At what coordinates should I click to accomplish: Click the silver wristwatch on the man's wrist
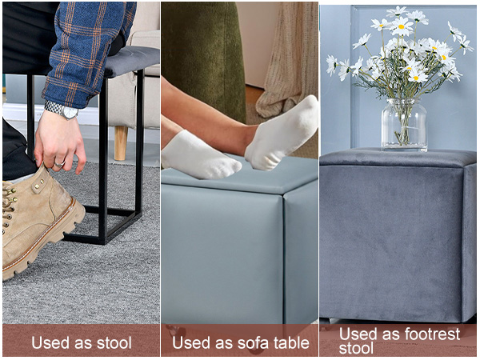62,110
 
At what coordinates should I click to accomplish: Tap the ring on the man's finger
59,164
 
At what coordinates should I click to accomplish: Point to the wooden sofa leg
121,142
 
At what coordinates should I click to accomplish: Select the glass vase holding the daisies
404,125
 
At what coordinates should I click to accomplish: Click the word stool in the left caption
114,342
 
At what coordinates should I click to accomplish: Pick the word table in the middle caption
291,343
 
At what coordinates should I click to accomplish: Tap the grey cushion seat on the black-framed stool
132,61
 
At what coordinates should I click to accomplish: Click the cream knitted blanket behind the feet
288,62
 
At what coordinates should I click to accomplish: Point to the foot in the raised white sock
282,134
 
